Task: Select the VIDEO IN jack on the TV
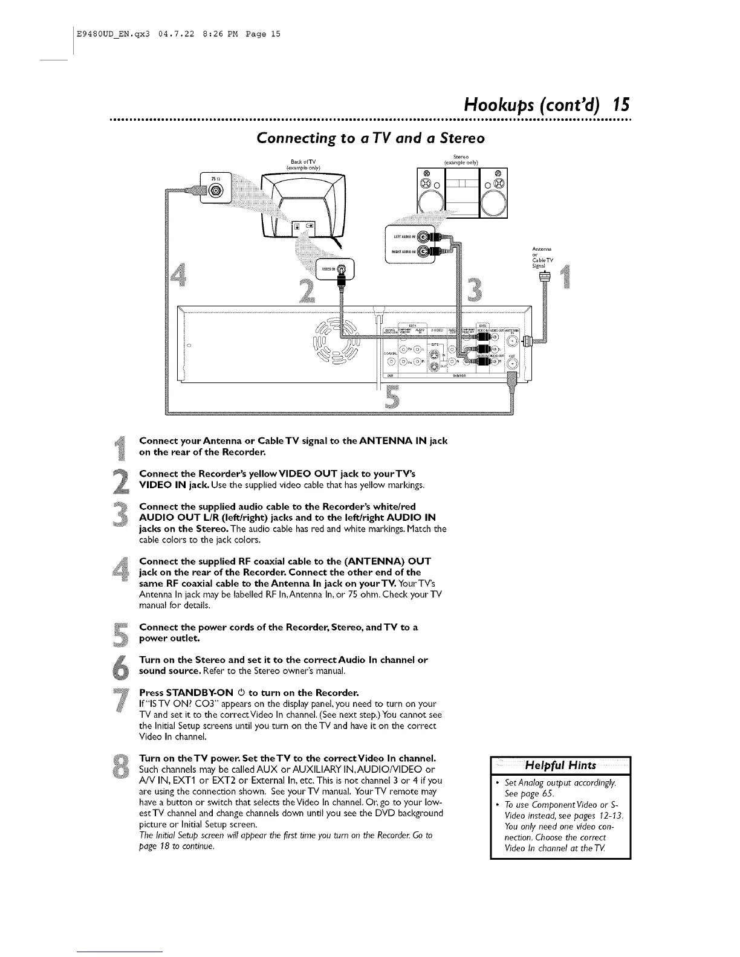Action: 342,268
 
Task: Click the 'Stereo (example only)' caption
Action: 461,160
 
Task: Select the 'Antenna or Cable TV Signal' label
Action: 540,256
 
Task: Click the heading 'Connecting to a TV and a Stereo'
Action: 371,138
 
